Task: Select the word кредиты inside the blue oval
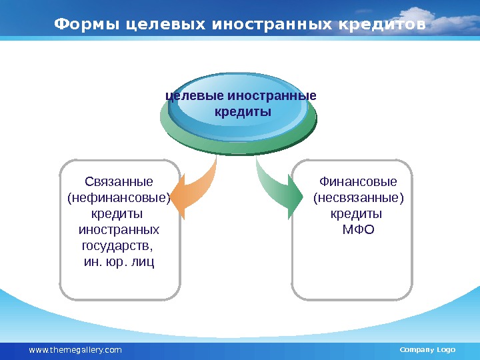[243, 111]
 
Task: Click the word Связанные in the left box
[119, 182]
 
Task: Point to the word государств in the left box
[117, 246]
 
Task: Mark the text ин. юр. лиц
[119, 262]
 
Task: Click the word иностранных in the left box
[119, 230]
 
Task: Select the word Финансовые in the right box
[358, 182]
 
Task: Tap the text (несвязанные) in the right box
[358, 198]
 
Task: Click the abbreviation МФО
[358, 230]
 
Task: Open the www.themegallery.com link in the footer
[75, 350]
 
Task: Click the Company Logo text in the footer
[427, 350]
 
